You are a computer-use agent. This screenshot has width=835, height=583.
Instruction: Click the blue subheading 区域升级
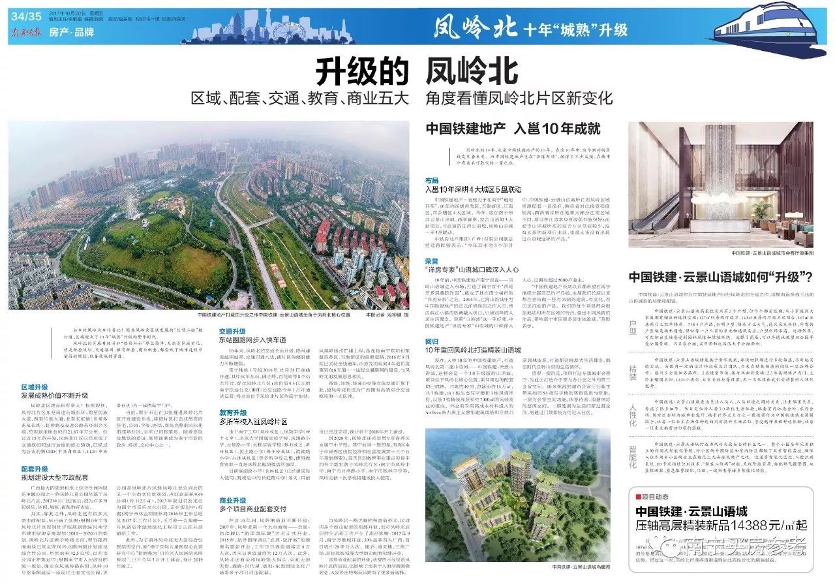coord(35,387)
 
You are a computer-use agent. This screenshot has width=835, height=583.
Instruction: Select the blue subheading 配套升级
coord(35,469)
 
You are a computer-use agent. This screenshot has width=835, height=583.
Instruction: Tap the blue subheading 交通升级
coord(232,331)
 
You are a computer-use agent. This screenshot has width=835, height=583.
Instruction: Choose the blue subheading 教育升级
coord(232,413)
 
